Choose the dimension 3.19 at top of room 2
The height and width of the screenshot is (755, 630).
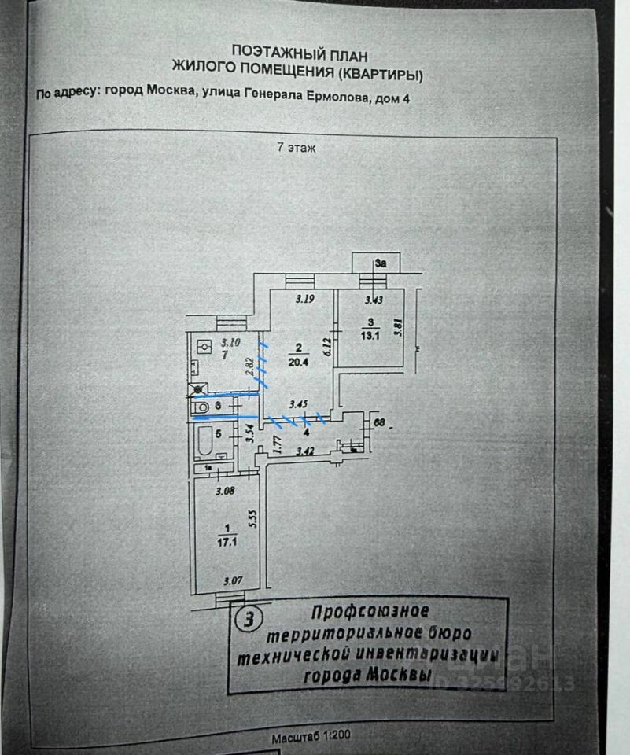[305, 299]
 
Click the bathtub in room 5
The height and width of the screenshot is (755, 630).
[206, 444]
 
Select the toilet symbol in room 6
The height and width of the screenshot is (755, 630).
[202, 407]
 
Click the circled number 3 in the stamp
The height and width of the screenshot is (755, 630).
[249, 621]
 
